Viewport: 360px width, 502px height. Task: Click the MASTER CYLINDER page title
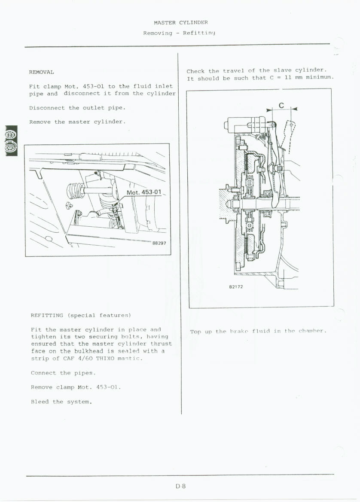(x=180, y=22)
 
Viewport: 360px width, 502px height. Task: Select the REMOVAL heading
(x=42, y=72)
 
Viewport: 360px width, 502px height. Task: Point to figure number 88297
(x=159, y=243)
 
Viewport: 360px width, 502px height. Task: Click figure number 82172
(x=236, y=286)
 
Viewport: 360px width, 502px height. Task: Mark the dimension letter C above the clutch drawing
(x=281, y=105)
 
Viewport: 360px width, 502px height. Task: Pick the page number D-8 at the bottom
(x=180, y=487)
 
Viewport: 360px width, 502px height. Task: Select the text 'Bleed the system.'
(x=61, y=402)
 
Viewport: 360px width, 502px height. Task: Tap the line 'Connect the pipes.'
(x=63, y=373)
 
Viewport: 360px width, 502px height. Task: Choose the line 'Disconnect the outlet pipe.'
(x=77, y=108)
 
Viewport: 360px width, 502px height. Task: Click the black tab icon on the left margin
(x=11, y=141)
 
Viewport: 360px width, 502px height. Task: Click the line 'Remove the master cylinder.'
(x=77, y=122)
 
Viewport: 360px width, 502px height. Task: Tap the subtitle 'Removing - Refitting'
(x=179, y=33)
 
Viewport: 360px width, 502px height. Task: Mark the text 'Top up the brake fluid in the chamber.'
(x=258, y=331)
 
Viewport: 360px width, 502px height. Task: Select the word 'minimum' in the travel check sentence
(x=320, y=78)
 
